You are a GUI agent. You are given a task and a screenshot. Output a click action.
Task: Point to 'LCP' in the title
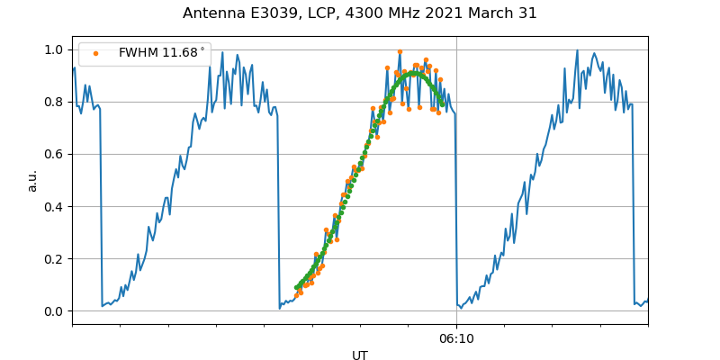coord(321,13)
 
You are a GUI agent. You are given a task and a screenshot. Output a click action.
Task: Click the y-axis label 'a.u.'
coord(32,180)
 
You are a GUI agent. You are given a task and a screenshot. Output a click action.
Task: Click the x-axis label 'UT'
coord(360,355)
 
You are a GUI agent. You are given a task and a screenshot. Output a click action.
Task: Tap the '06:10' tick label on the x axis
coord(456,339)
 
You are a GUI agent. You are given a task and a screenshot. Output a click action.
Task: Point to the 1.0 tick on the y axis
coord(55,49)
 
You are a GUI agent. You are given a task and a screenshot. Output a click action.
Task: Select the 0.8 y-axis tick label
coord(55,102)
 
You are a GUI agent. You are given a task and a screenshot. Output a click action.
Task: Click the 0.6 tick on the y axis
coord(55,154)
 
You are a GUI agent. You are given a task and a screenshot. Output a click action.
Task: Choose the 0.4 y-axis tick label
coord(55,206)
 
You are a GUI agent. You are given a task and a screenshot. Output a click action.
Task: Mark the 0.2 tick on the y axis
coord(55,258)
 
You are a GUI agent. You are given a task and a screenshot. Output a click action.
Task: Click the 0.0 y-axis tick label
coord(55,311)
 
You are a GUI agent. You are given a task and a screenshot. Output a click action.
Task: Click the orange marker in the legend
coord(95,53)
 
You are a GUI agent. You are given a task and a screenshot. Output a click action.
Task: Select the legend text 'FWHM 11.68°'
coord(161,53)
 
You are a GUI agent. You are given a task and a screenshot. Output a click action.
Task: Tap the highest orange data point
coord(400,52)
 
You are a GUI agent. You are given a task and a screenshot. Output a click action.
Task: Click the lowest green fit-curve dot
coord(296,288)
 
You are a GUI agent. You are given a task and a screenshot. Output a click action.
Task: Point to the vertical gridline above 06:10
coord(456,180)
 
